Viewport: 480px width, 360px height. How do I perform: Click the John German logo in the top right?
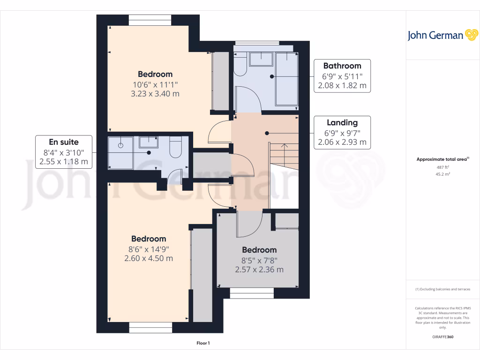pos(442,36)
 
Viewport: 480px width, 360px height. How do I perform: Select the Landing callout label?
pos(342,132)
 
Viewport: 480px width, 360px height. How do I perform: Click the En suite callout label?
pos(64,152)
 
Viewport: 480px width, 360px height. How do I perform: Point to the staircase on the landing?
pos(284,155)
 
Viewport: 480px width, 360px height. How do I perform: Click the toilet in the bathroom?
pos(240,66)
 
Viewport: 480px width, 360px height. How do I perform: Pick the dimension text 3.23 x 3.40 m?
pos(155,94)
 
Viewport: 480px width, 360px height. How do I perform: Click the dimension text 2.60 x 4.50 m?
pos(149,258)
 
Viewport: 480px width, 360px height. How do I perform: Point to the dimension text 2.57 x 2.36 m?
pos(259,270)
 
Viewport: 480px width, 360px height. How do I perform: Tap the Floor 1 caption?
pos(203,344)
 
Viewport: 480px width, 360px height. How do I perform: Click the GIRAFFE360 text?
pos(442,337)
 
